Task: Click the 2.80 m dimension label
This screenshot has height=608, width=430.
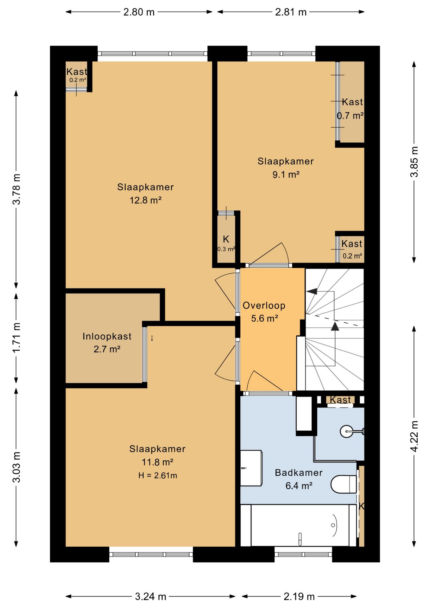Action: pyautogui.click(x=139, y=12)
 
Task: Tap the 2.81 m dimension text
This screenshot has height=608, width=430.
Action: pyautogui.click(x=291, y=12)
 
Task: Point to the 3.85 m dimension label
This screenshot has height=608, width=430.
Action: pyautogui.click(x=414, y=162)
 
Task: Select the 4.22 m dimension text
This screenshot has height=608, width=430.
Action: pyautogui.click(x=414, y=436)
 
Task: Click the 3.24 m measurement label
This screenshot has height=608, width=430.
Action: pyautogui.click(x=150, y=597)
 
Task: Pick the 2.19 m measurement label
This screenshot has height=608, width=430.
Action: pyautogui.click(x=299, y=597)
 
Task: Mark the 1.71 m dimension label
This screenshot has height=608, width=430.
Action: pyautogui.click(x=16, y=338)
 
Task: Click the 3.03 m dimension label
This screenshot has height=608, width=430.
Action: pyautogui.click(x=16, y=467)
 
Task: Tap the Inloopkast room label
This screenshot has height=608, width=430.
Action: pyautogui.click(x=107, y=336)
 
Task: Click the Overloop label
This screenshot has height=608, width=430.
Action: pyautogui.click(x=264, y=305)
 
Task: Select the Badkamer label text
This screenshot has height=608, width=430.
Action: pyautogui.click(x=299, y=472)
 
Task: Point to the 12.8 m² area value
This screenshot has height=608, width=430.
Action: pyautogui.click(x=146, y=200)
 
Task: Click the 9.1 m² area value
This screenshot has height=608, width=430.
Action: pyautogui.click(x=286, y=174)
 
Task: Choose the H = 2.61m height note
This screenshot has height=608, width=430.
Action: pyautogui.click(x=158, y=475)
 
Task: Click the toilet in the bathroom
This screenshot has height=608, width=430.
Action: pyautogui.click(x=344, y=484)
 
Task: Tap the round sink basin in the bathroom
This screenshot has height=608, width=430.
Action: pyautogui.click(x=346, y=431)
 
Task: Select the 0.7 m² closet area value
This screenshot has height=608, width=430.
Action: pyautogui.click(x=350, y=116)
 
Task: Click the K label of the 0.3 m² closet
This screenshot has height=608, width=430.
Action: pyautogui.click(x=226, y=239)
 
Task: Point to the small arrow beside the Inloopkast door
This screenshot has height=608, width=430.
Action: pyautogui.click(x=152, y=338)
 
